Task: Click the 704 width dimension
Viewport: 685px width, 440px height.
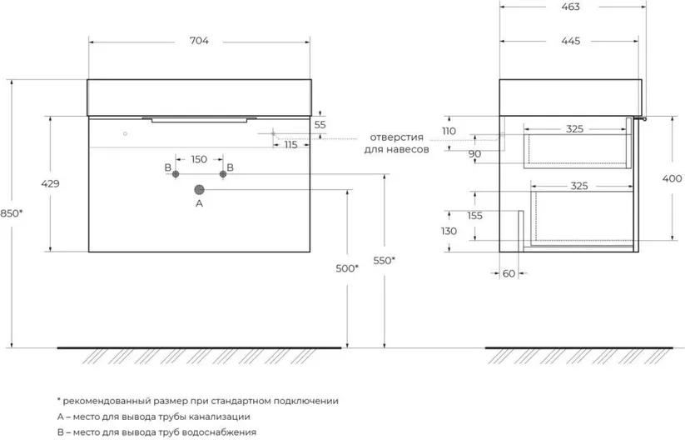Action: coord(198,40)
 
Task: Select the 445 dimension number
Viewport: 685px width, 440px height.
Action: coord(569,40)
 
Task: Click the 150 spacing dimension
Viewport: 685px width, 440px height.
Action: coord(199,159)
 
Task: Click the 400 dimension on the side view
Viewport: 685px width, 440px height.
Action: coord(673,177)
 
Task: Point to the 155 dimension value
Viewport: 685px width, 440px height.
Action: coord(475,216)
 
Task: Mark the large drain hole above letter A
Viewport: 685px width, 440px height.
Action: coord(199,189)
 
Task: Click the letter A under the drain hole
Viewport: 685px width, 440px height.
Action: coord(199,203)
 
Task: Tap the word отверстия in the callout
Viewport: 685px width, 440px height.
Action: coord(396,137)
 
